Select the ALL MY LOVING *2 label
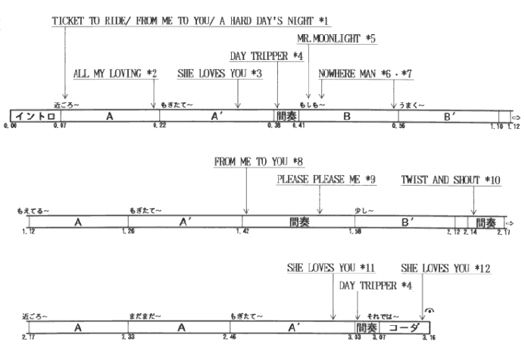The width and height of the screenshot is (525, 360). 115,74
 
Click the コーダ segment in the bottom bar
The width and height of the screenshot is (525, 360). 404,327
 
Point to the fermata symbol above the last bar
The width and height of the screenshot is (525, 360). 430,311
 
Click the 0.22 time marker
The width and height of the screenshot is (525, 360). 159,125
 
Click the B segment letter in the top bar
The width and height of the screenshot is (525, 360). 347,116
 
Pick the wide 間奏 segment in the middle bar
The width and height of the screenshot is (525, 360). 298,222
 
